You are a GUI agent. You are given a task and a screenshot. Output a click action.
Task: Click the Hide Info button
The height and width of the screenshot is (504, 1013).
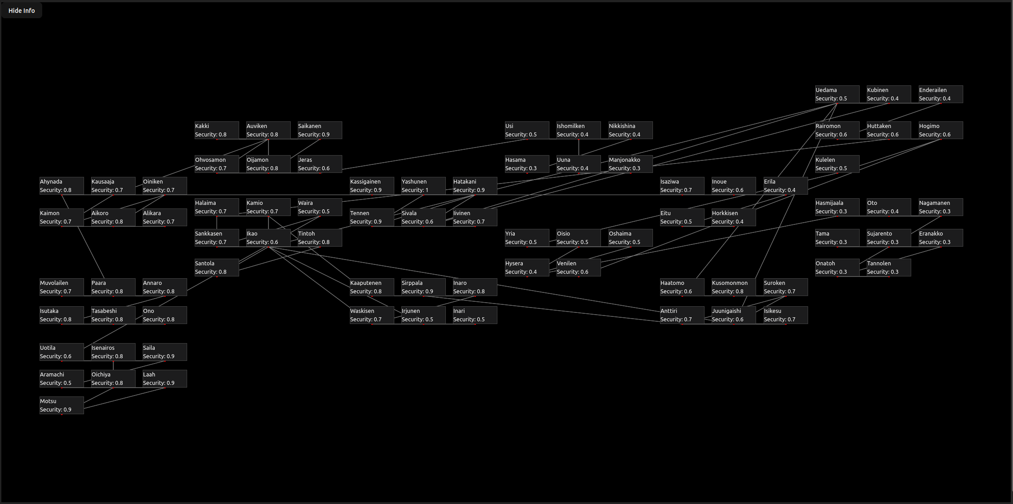point(21,11)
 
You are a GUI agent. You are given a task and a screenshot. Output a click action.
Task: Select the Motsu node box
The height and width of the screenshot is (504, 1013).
point(62,405)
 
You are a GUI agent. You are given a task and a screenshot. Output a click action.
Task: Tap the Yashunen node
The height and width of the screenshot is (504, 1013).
point(424,186)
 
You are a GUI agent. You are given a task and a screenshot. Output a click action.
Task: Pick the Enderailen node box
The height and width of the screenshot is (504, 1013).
point(941,94)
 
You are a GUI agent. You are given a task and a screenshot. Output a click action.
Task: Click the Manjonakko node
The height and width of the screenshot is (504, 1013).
point(631,164)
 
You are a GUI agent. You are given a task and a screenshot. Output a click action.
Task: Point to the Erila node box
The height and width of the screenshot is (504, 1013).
point(786,186)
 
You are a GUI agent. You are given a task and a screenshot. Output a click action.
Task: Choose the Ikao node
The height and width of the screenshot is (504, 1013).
point(268,238)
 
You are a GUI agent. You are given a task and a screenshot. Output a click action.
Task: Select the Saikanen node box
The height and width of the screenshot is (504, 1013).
point(320,130)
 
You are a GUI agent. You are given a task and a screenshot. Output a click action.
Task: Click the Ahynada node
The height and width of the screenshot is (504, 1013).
point(62,186)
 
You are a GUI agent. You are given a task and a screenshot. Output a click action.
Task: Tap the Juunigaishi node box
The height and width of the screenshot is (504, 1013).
point(734,315)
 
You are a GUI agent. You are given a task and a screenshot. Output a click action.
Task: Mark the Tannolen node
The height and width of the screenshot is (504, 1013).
point(889,268)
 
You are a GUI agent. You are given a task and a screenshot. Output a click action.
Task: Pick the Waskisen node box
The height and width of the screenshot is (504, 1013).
point(372,315)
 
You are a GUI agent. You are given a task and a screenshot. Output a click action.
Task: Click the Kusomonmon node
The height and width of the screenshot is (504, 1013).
point(734,287)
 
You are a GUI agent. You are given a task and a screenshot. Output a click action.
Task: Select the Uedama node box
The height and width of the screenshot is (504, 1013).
point(837,94)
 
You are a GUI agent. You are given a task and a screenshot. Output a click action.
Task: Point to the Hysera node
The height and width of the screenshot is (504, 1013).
point(527,268)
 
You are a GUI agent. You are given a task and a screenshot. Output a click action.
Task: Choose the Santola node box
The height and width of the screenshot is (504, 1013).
point(217,268)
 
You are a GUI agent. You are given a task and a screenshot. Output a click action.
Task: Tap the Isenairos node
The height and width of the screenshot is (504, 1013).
point(113,352)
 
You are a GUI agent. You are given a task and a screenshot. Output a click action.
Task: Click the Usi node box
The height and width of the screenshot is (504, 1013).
point(527,130)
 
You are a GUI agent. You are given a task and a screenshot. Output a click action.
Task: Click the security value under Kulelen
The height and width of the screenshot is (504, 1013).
point(831,168)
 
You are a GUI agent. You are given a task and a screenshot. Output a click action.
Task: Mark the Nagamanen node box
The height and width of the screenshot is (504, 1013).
point(941,207)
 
